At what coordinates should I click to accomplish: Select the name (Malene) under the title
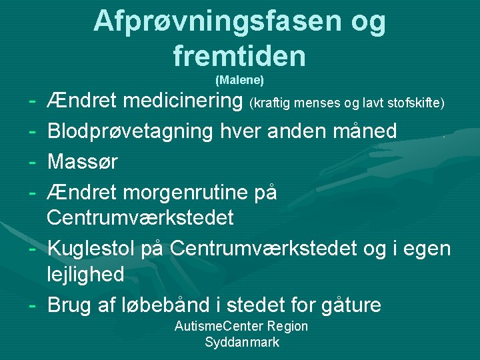(240, 80)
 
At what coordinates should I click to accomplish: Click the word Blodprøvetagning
(132, 131)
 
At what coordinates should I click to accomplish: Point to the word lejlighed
(85, 274)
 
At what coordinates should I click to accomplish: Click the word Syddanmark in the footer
(242, 343)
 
